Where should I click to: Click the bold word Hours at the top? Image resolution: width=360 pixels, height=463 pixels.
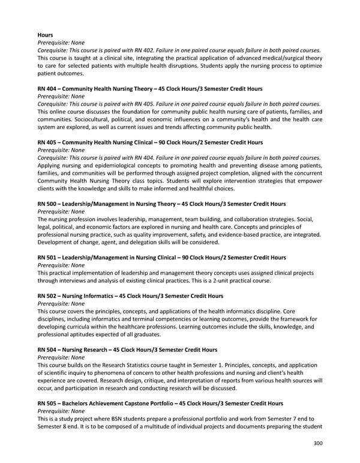click(x=45, y=35)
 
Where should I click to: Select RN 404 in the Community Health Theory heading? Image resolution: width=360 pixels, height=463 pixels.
click(x=47, y=88)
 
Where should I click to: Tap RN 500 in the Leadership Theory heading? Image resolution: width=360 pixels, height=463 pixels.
click(x=47, y=204)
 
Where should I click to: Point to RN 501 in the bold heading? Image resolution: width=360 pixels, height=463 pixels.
click(x=47, y=258)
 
